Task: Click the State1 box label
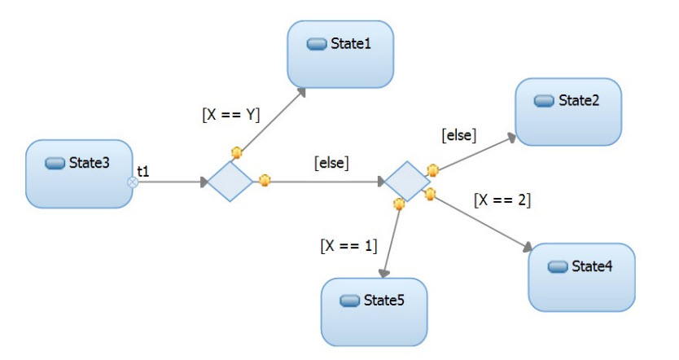[351, 43]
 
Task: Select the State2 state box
[568, 112]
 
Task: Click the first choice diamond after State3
[230, 181]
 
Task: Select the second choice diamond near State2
[406, 181]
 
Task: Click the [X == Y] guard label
[230, 115]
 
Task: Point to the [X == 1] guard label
[349, 244]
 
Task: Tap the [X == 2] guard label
[502, 200]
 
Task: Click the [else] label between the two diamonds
[331, 163]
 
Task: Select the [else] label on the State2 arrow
[458, 134]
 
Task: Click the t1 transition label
[143, 171]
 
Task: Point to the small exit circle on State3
[133, 182]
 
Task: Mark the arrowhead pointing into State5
[384, 275]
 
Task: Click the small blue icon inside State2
[544, 100]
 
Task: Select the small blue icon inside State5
[349, 301]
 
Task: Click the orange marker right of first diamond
[264, 181]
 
